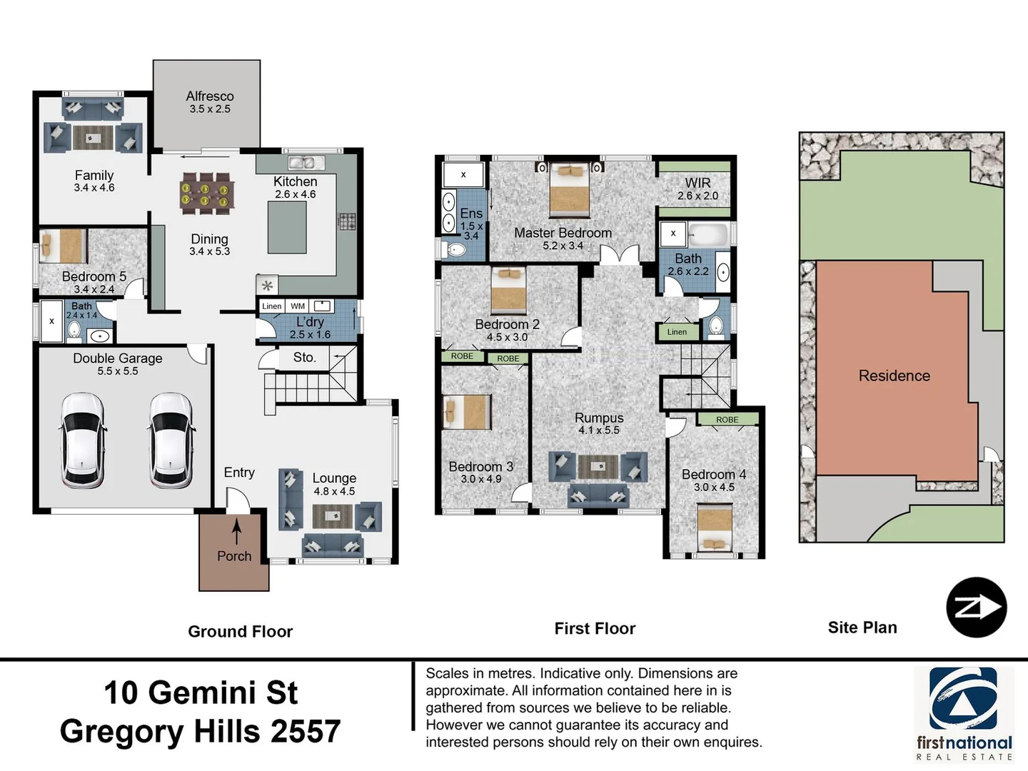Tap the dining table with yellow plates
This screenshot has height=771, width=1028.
tap(206, 193)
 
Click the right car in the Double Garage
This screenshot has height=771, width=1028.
tap(171, 440)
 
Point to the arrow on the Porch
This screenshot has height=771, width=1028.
tap(236, 532)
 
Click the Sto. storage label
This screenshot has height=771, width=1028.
tap(304, 358)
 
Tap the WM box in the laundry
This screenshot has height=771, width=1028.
tap(298, 306)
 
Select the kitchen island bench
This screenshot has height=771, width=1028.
tap(287, 227)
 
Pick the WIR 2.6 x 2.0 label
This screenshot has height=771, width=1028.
tap(697, 189)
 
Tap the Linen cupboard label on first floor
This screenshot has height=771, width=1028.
tap(677, 332)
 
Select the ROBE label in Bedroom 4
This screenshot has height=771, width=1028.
tap(727, 420)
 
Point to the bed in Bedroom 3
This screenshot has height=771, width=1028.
tap(467, 412)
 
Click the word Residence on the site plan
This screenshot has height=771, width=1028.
tap(894, 376)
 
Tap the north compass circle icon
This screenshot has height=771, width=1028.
tap(976, 608)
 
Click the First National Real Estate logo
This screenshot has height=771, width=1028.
tap(964, 714)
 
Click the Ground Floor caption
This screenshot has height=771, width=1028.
tap(240, 632)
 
